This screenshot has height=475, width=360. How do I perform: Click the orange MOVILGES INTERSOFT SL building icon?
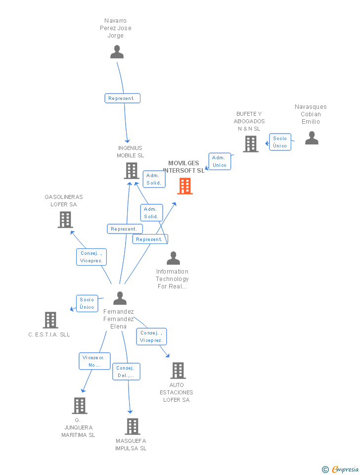(x=185, y=186)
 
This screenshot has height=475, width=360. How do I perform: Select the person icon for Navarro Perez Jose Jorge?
(x=117, y=52)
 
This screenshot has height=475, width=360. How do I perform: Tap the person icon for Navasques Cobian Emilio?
(x=312, y=138)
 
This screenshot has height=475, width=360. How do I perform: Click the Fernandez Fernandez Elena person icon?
(x=120, y=298)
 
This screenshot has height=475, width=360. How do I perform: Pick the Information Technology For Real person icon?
(x=174, y=258)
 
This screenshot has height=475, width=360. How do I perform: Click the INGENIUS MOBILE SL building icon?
(x=132, y=171)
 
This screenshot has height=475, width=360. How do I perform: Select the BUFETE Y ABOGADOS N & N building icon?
(x=251, y=143)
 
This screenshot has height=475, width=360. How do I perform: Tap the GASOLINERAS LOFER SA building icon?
(x=65, y=219)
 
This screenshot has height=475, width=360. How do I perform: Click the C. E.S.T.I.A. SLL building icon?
(x=50, y=320)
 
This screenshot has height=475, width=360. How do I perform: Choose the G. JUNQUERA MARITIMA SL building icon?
(x=80, y=405)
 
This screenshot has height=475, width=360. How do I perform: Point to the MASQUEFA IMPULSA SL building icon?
(x=133, y=426)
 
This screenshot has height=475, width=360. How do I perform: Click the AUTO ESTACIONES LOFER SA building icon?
(x=178, y=370)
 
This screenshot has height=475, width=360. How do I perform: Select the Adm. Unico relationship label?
(x=220, y=161)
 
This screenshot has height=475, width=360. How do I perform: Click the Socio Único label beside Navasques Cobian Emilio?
(x=280, y=142)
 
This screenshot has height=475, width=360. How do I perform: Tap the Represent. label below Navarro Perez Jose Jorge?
(x=122, y=98)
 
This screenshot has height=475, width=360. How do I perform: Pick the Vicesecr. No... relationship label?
(x=94, y=361)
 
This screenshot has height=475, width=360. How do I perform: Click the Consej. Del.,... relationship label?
(x=126, y=372)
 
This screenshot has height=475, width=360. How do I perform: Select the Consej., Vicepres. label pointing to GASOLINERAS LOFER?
(x=91, y=257)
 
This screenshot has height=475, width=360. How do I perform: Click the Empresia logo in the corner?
(x=340, y=469)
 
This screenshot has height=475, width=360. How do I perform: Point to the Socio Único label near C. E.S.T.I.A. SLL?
(x=87, y=303)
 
